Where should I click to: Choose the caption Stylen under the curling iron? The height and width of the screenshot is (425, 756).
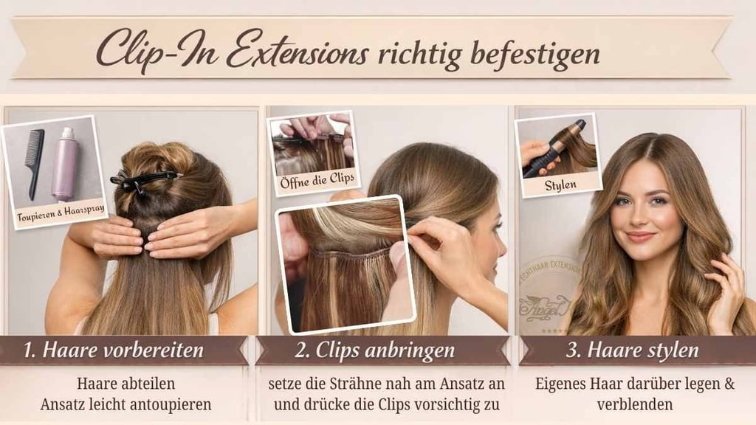[560, 184]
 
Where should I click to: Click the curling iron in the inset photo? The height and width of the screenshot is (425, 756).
[557, 148]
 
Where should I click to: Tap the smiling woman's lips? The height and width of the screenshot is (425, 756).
[640, 236]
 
